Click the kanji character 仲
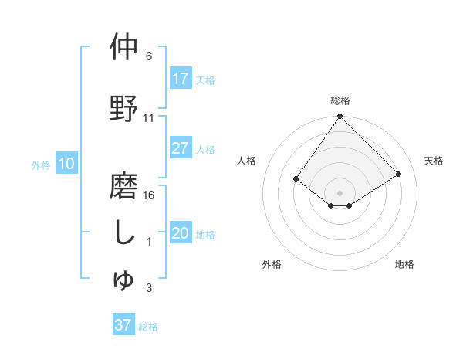pos(123,47)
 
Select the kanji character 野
pos(123,108)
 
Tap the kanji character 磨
pos(123,185)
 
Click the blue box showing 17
pos(181,79)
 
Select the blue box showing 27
pos(181,149)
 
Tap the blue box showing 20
pos(181,234)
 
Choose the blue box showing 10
pos(66,164)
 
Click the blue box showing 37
pos(123,325)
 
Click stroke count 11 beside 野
pos(149,118)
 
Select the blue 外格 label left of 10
pos(41,165)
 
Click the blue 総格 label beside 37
pos(148,326)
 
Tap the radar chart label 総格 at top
pos(340,100)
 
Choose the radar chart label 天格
pos(434,161)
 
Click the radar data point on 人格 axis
pos(296,178)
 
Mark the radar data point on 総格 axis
pos(340,117)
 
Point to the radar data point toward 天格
pos(399,174)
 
